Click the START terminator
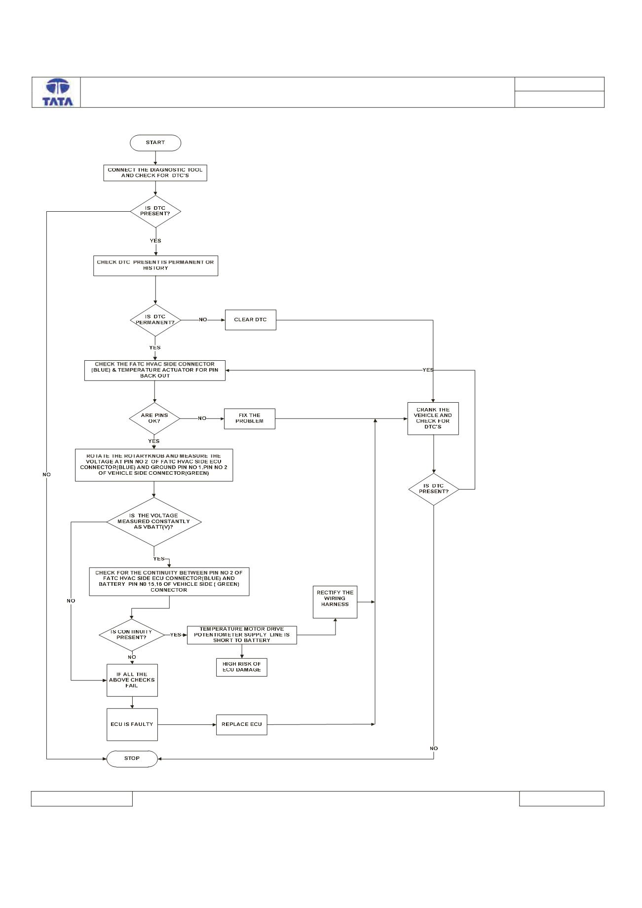(x=155, y=143)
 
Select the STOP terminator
(x=132, y=758)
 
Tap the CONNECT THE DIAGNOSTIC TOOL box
(x=155, y=173)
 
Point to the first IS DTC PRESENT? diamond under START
(x=155, y=211)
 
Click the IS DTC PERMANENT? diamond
(x=155, y=320)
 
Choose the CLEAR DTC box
(x=250, y=320)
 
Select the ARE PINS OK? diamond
(x=154, y=418)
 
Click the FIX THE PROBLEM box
(x=250, y=418)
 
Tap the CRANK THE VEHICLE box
(x=433, y=418)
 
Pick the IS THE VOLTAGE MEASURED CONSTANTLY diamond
(x=154, y=522)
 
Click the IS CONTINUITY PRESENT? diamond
(x=132, y=635)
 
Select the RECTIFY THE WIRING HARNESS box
(x=335, y=602)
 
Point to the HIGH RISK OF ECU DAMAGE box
(x=242, y=667)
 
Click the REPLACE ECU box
(x=242, y=724)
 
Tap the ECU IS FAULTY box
(x=132, y=724)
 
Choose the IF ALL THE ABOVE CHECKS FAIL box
(x=132, y=680)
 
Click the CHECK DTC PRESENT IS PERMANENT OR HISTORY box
(x=155, y=265)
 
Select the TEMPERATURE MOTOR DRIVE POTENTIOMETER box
(x=242, y=635)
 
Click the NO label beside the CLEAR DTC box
(x=203, y=320)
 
